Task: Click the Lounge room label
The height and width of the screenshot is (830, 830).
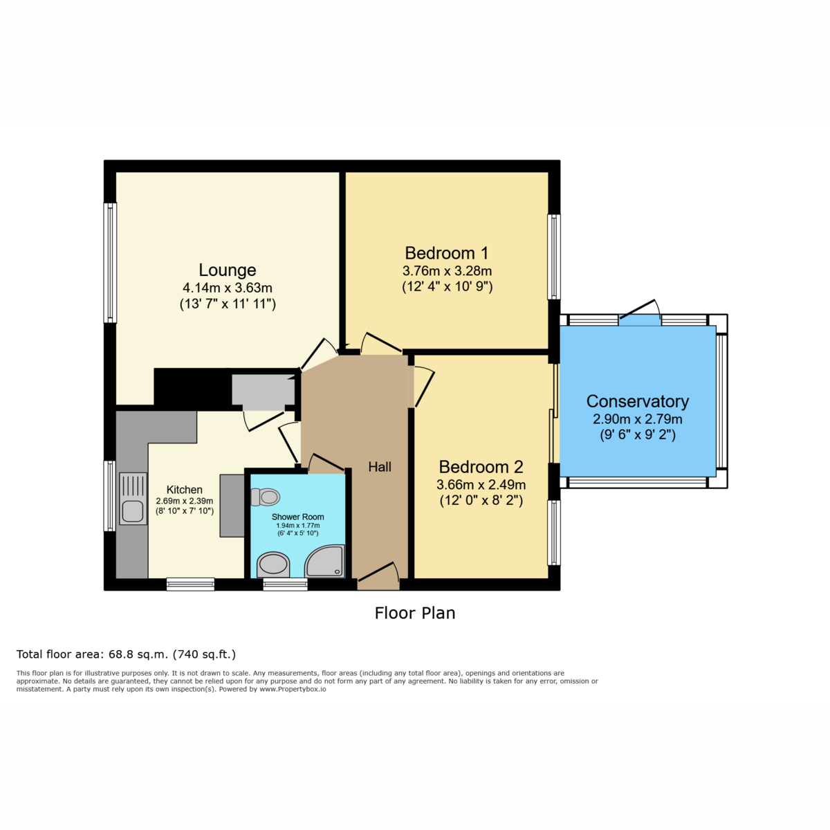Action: click(x=227, y=270)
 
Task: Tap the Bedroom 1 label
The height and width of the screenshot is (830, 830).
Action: click(x=447, y=253)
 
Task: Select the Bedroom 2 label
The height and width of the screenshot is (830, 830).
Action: click(x=481, y=467)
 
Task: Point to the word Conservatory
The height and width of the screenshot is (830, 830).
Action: click(x=638, y=401)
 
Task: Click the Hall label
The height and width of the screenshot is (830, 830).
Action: click(x=380, y=467)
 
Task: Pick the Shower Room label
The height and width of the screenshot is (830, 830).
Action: click(x=297, y=517)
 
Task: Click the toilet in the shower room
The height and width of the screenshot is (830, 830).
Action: click(x=266, y=497)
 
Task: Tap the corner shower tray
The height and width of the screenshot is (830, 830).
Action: click(x=325, y=561)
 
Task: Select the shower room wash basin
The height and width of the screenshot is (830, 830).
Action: click(x=273, y=564)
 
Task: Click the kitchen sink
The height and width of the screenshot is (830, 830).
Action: click(x=133, y=498)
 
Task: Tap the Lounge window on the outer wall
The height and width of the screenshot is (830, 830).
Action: click(x=110, y=263)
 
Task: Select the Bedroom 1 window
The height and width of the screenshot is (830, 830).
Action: click(x=554, y=257)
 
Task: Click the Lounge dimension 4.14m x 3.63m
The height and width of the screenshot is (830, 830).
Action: click(x=228, y=287)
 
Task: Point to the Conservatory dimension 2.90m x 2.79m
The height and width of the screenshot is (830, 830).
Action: click(x=638, y=418)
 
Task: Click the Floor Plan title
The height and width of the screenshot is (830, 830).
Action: click(x=415, y=613)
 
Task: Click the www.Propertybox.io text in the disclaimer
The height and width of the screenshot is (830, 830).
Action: click(x=293, y=689)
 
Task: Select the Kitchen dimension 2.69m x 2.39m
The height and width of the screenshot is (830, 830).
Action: click(x=185, y=501)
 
